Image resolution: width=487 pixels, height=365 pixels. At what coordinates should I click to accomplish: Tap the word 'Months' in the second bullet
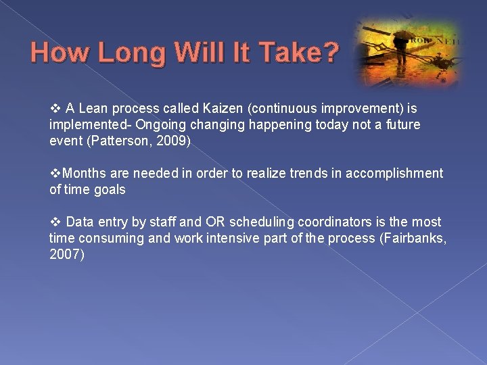[x=83, y=174]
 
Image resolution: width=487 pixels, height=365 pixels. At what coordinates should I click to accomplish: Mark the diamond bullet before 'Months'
[x=55, y=174]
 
